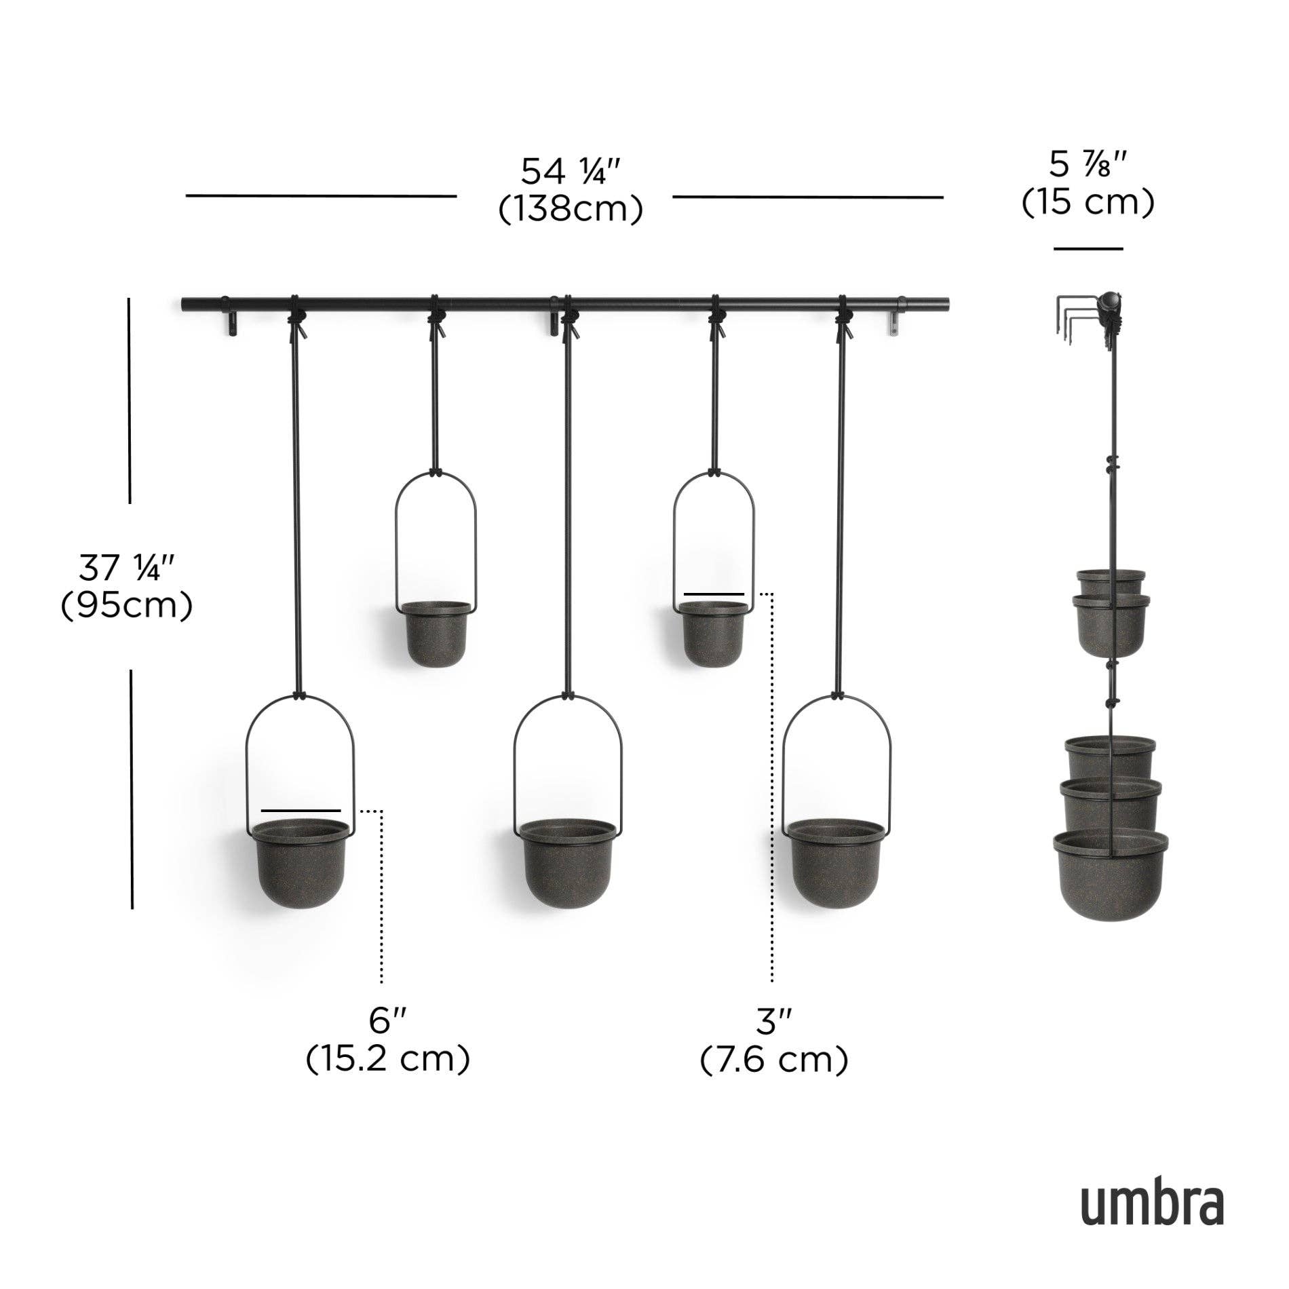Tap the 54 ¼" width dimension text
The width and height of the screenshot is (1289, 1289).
click(571, 172)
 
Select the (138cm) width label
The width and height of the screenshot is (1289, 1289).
click(571, 210)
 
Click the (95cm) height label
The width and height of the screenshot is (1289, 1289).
click(127, 606)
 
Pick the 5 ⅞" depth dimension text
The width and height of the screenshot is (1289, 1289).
click(1088, 165)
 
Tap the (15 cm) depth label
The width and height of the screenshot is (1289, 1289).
click(1088, 202)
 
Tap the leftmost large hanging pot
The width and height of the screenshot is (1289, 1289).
click(301, 863)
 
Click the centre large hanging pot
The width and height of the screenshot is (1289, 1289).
click(568, 863)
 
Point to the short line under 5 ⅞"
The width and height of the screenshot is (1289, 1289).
click(1088, 249)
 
